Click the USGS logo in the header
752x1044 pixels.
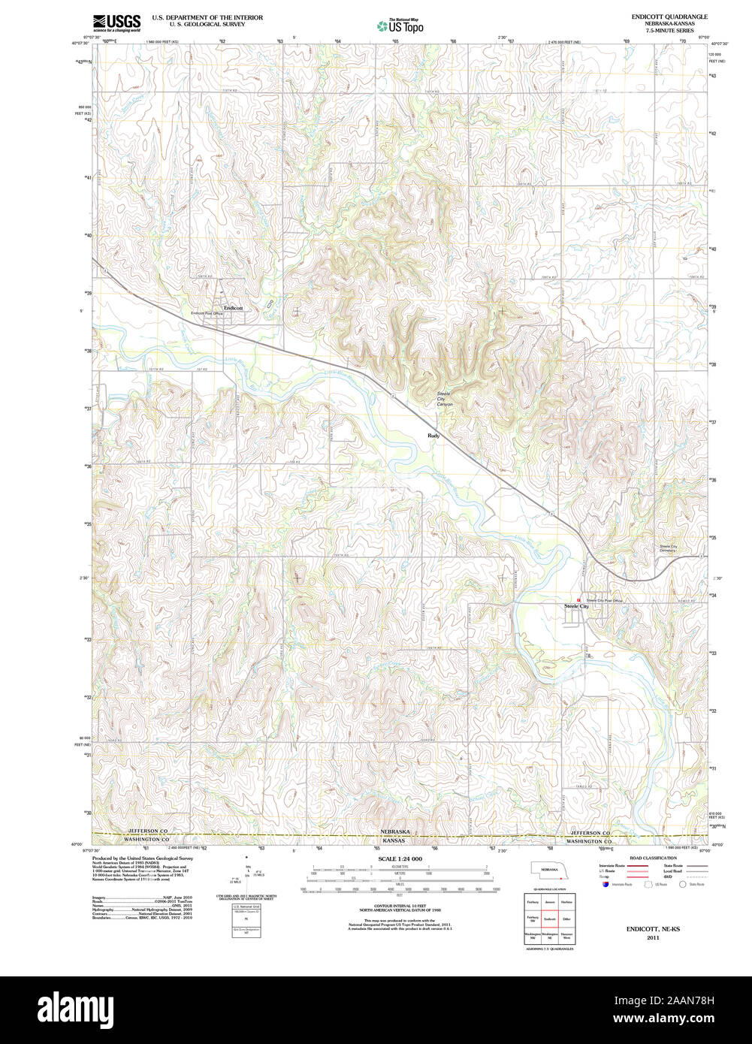pos(116,23)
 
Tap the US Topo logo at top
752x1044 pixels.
pos(400,26)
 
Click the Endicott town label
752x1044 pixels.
pos(233,308)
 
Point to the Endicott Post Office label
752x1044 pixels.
pos(207,313)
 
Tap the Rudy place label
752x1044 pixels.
pos(433,436)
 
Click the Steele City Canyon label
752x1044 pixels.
pos(445,399)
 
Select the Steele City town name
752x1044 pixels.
pos(576,606)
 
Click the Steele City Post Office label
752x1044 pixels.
pos(605,601)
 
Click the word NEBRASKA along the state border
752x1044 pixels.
pos(395,832)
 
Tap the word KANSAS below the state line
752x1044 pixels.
pos(395,840)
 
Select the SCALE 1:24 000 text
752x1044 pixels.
pos(400,858)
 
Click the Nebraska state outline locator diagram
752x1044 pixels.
pos(548,871)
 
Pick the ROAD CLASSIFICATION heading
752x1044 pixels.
pos(653,858)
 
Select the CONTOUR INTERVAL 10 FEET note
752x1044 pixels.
pos(400,906)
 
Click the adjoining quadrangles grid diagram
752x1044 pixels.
pos(548,918)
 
